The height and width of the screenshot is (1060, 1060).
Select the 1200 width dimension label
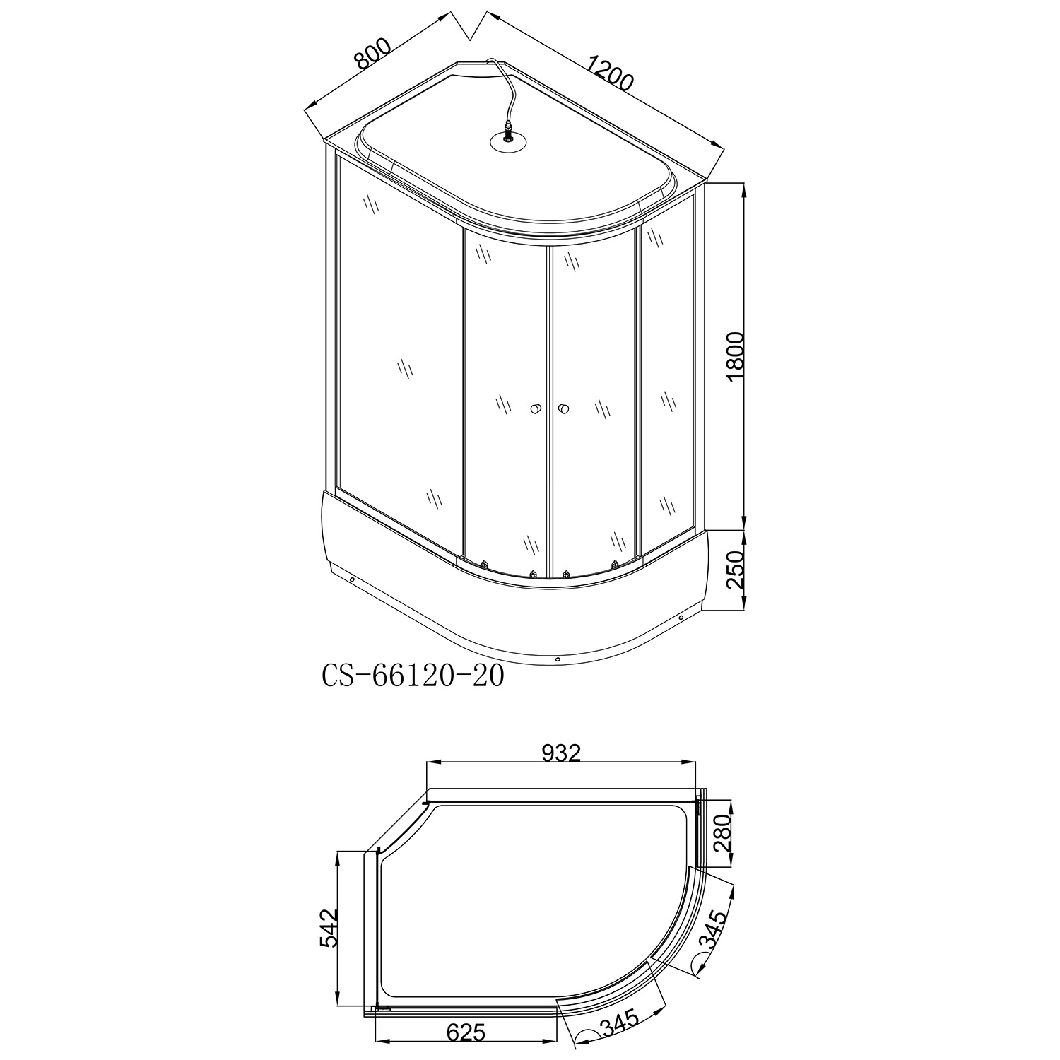[x=608, y=73]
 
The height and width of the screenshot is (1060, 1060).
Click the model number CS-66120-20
[x=413, y=676]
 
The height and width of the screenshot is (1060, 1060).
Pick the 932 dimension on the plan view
[x=561, y=753]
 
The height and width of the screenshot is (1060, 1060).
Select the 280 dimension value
[x=721, y=835]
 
